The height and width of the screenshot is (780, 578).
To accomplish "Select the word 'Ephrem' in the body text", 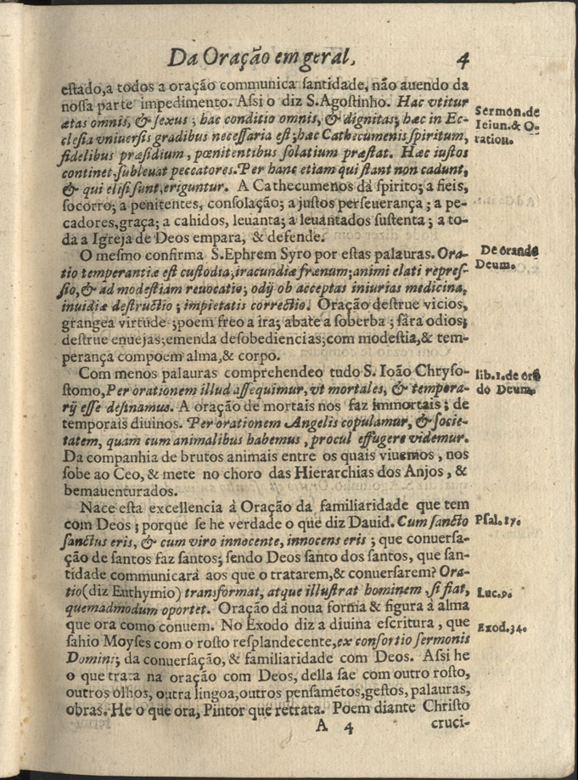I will coord(273,254).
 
